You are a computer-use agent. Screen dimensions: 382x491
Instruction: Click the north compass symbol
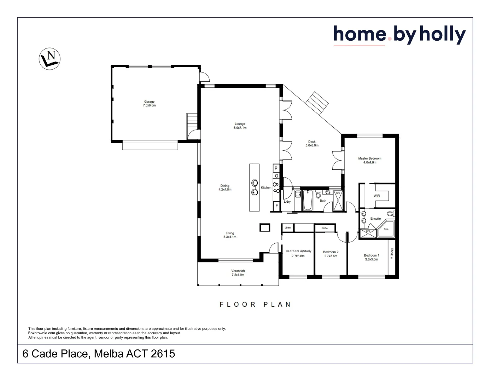click(x=49, y=58)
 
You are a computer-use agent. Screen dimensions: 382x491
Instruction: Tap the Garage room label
click(x=149, y=104)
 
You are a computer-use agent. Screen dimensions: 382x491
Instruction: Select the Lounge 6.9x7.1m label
click(x=240, y=126)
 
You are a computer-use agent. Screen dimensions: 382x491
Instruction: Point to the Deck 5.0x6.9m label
click(x=312, y=144)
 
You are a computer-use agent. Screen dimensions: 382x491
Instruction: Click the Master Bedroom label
click(x=370, y=160)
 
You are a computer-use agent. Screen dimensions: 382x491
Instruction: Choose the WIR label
click(x=377, y=196)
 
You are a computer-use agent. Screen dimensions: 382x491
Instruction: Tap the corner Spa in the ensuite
click(x=386, y=229)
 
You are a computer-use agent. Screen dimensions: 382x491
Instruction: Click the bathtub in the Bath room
click(x=308, y=201)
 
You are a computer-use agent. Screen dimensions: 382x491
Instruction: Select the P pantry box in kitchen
click(x=276, y=168)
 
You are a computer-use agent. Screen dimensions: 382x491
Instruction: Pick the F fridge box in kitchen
click(x=276, y=206)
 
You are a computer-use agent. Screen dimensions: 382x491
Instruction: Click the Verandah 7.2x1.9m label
click(x=238, y=273)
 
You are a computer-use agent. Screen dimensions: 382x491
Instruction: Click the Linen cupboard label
click(x=288, y=228)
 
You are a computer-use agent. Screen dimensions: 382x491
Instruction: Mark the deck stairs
click(x=317, y=103)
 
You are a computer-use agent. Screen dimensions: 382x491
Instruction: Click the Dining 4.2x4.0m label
click(x=225, y=187)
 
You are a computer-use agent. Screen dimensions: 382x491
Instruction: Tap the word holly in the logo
click(x=443, y=35)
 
